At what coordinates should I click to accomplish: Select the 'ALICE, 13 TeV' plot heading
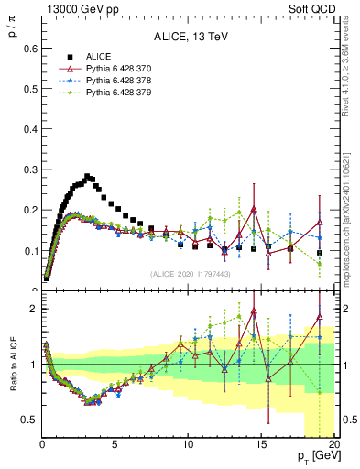[x=190, y=37]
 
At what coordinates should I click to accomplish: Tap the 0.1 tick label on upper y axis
[x=28, y=250]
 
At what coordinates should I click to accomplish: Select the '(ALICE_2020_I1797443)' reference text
[x=190, y=274]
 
